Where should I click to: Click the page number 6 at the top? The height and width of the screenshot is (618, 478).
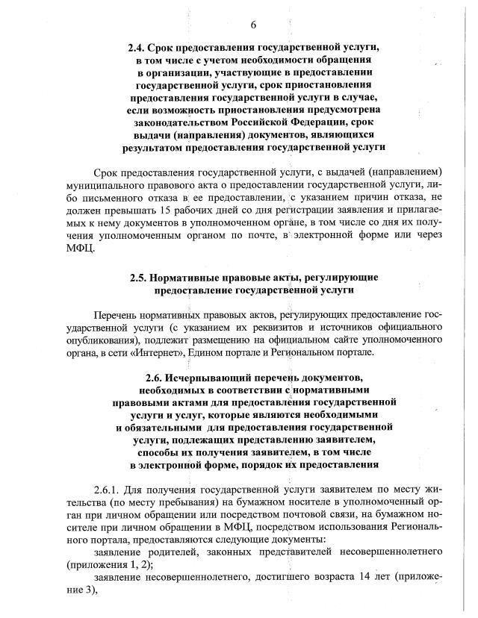(252, 25)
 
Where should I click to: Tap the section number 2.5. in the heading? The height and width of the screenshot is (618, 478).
(140, 277)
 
